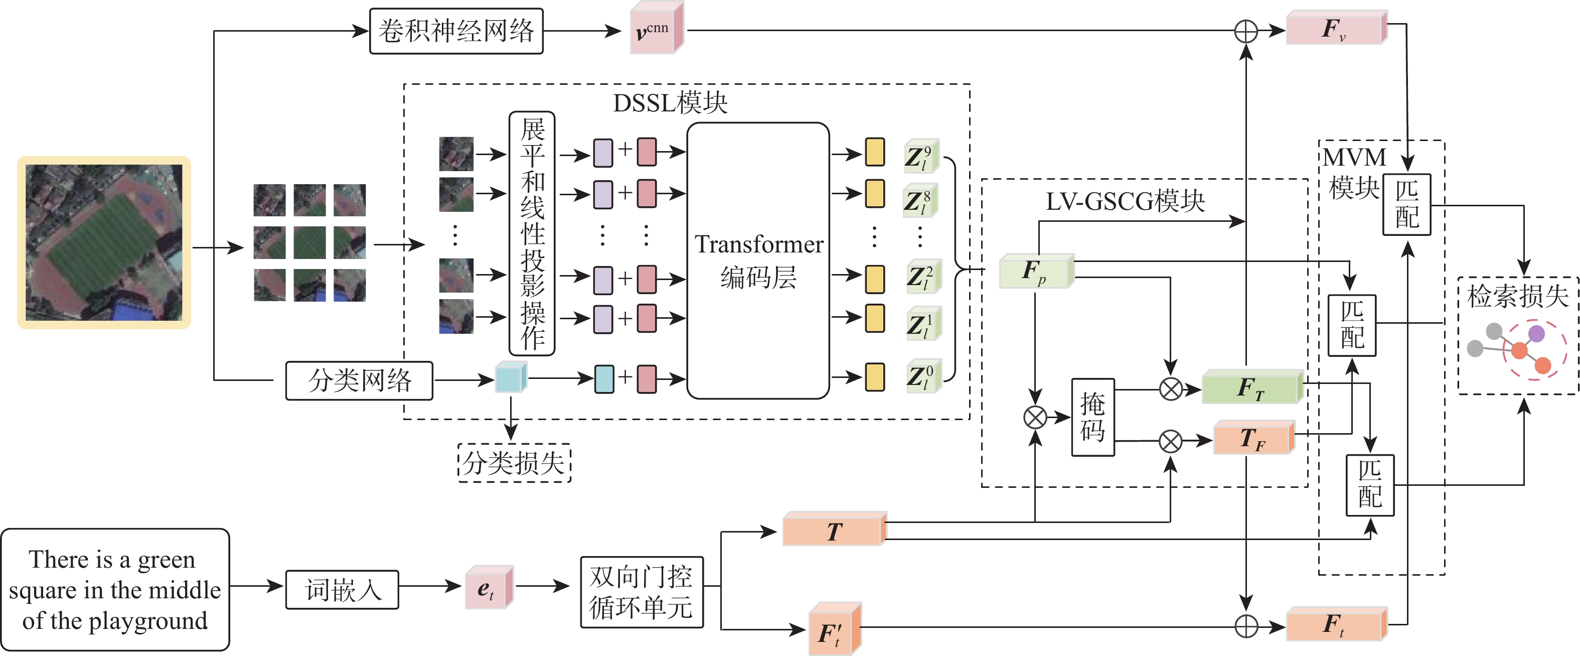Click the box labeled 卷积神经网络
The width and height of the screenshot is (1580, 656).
(456, 31)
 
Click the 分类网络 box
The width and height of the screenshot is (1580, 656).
(360, 380)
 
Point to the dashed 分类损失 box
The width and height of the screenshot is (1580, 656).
(514, 463)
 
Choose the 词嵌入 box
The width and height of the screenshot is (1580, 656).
(342, 590)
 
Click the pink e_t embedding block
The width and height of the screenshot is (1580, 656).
(488, 588)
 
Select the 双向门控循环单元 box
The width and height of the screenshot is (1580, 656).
(642, 592)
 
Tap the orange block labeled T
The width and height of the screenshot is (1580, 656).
(834, 530)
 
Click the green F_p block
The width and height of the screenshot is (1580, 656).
(1035, 271)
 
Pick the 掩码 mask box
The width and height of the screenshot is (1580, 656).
(1092, 417)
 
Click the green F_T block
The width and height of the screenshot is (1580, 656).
(1251, 387)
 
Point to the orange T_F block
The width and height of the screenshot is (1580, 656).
(1252, 438)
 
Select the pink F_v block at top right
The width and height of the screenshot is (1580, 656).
(1335, 28)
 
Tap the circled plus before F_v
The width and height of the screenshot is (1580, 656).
(1246, 31)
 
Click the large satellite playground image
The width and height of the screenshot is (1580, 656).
(104, 242)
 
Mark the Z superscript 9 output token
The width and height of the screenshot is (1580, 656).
(920, 157)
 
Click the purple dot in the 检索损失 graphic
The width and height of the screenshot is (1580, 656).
(1536, 334)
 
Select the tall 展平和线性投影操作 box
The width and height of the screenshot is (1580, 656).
(532, 233)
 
